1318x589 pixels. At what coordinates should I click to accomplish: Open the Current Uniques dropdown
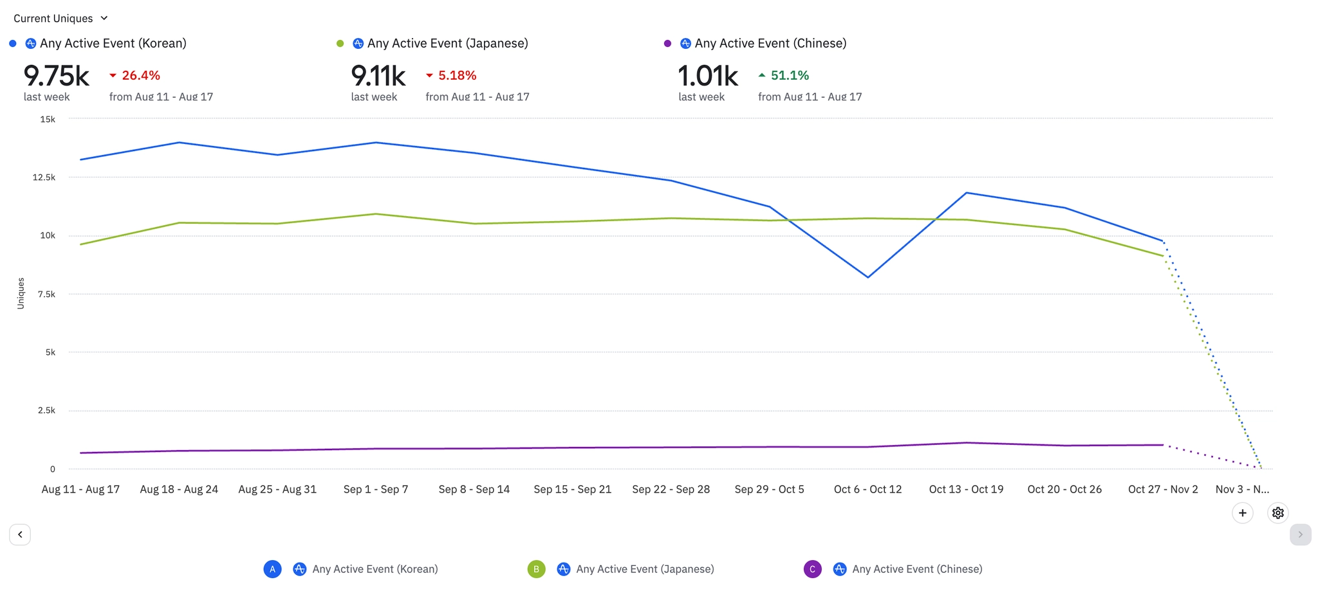point(60,19)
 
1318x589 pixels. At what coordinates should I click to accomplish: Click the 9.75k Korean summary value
point(56,76)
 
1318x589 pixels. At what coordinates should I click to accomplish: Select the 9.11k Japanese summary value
point(378,76)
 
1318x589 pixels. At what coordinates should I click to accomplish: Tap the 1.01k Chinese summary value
point(707,76)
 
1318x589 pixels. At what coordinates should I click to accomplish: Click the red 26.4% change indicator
point(135,75)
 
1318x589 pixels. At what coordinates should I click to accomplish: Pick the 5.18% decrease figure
point(451,75)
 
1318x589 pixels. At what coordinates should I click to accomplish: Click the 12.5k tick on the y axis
point(44,177)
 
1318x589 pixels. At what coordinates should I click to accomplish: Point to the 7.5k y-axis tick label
point(46,294)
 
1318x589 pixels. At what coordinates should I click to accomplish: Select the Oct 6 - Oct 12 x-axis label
point(868,489)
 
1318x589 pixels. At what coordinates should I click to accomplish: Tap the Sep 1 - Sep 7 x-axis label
point(376,489)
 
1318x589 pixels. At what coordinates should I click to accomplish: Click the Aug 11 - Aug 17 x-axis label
point(80,489)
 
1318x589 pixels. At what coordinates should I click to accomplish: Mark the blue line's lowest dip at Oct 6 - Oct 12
point(868,277)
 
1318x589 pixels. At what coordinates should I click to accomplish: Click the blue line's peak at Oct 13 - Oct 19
point(967,193)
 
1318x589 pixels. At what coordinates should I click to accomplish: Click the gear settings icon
point(1278,513)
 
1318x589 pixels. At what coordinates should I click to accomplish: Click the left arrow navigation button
point(20,534)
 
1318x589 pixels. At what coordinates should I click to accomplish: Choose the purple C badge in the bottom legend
point(813,569)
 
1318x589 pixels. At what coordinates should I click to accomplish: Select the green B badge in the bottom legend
point(536,569)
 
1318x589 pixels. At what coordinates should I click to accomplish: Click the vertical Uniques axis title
point(21,293)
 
